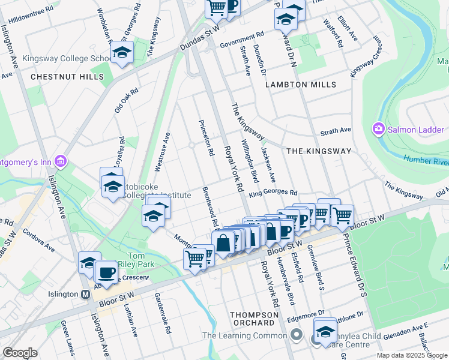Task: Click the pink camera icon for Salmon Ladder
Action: [378, 129]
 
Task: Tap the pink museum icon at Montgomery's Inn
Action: [60, 161]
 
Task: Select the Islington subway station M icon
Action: [86, 294]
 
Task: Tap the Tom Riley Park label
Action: [140, 260]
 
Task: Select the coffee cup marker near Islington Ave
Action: [106, 272]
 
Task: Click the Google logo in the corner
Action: [20, 353]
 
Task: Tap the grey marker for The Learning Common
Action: [295, 334]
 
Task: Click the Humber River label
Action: [425, 160]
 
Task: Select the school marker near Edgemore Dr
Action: [325, 332]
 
